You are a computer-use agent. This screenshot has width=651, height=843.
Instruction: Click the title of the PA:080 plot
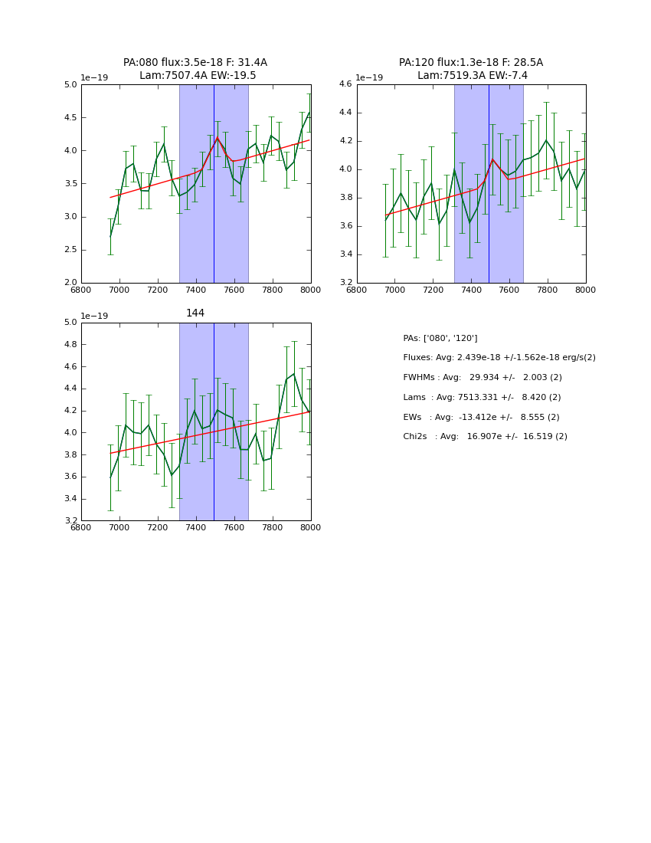point(195,69)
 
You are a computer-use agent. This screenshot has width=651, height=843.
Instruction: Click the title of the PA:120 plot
point(471,69)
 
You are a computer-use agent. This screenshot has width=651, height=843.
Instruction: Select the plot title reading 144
point(195,313)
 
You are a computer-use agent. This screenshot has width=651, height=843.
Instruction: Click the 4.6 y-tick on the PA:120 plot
point(345,84)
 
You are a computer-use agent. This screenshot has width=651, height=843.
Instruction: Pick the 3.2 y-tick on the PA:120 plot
point(345,283)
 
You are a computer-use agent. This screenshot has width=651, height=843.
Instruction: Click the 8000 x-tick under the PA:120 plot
point(585,290)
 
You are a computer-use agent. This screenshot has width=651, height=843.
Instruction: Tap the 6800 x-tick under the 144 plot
point(81,527)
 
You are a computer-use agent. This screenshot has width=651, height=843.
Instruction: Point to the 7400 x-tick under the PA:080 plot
point(196,290)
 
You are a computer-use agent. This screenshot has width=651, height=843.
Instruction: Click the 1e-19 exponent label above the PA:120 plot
point(370,77)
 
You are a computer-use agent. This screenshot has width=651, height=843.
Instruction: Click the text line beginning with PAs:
point(440,338)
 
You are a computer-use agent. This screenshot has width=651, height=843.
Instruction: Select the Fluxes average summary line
point(499,358)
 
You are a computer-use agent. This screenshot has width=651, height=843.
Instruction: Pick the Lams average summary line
point(482,398)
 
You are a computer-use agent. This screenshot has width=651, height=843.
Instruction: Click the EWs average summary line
point(481,417)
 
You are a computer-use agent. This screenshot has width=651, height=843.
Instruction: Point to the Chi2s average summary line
point(485,437)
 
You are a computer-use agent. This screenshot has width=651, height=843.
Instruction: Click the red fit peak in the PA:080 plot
point(218,138)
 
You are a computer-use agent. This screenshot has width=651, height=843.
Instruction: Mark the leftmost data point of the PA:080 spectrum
point(110,236)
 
